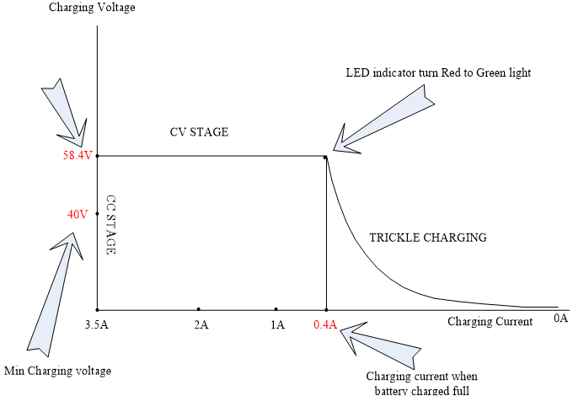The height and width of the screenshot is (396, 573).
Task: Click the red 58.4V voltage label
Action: click(x=78, y=155)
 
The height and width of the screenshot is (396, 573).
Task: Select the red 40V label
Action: click(x=78, y=214)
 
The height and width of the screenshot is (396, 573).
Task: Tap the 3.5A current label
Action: click(x=97, y=324)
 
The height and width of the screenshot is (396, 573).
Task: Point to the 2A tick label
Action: click(x=201, y=324)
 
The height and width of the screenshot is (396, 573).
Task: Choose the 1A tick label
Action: click(x=277, y=324)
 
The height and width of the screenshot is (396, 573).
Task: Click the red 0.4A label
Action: click(x=325, y=324)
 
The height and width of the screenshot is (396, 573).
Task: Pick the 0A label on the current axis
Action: click(x=561, y=318)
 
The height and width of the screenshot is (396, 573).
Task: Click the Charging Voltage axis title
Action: click(x=92, y=8)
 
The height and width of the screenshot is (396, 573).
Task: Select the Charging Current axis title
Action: click(x=490, y=322)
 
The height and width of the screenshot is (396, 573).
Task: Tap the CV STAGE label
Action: click(x=199, y=132)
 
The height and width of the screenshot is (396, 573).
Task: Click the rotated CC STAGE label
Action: click(x=111, y=225)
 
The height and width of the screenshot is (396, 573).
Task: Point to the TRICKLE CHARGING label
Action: click(x=428, y=238)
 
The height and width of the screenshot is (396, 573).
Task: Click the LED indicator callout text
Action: click(x=438, y=72)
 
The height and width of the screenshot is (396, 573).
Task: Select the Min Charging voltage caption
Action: click(x=58, y=371)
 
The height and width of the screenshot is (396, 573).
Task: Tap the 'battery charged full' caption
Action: click(x=422, y=390)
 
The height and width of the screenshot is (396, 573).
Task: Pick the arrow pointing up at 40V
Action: click(x=55, y=292)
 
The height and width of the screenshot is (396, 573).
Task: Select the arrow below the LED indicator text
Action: click(x=383, y=119)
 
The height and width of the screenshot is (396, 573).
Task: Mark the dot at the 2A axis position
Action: click(x=198, y=309)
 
